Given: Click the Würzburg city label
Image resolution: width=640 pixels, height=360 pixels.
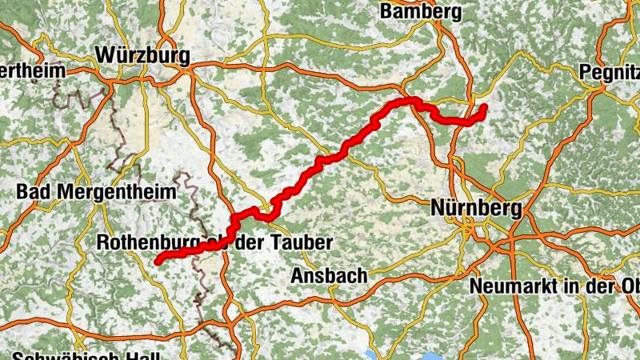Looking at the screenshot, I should point(143,55).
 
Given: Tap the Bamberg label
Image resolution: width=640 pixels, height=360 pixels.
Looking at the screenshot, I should point(421,11).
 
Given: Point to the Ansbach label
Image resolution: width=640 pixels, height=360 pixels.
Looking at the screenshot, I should point(329,275).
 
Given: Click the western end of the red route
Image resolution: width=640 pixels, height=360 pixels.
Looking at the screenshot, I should point(158,261).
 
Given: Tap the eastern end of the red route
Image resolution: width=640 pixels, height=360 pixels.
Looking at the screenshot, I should point(484,106).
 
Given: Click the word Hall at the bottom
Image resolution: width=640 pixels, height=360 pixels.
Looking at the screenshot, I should point(146,357).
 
